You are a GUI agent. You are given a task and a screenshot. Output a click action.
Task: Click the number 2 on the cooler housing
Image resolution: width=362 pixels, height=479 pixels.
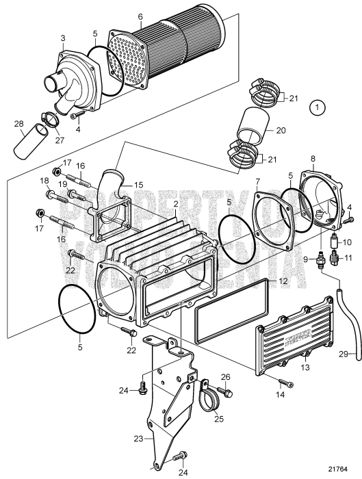tap(176, 204)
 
